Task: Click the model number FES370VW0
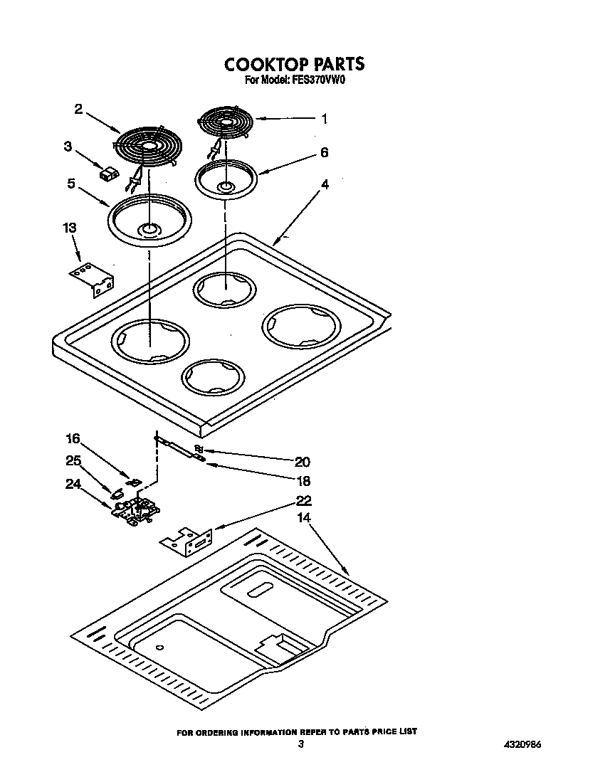coord(316,80)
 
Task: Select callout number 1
coord(324,120)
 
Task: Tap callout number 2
coord(79,109)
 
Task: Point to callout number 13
coord(69,228)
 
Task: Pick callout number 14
coord(304,518)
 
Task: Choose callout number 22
coord(304,501)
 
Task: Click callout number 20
coord(303,462)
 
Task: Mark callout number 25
coord(73,460)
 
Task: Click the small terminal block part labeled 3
coord(108,173)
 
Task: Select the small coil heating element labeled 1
coord(226,124)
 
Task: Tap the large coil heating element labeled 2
coord(148,145)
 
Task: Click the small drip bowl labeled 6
coord(226,179)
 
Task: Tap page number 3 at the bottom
coord(301,744)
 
